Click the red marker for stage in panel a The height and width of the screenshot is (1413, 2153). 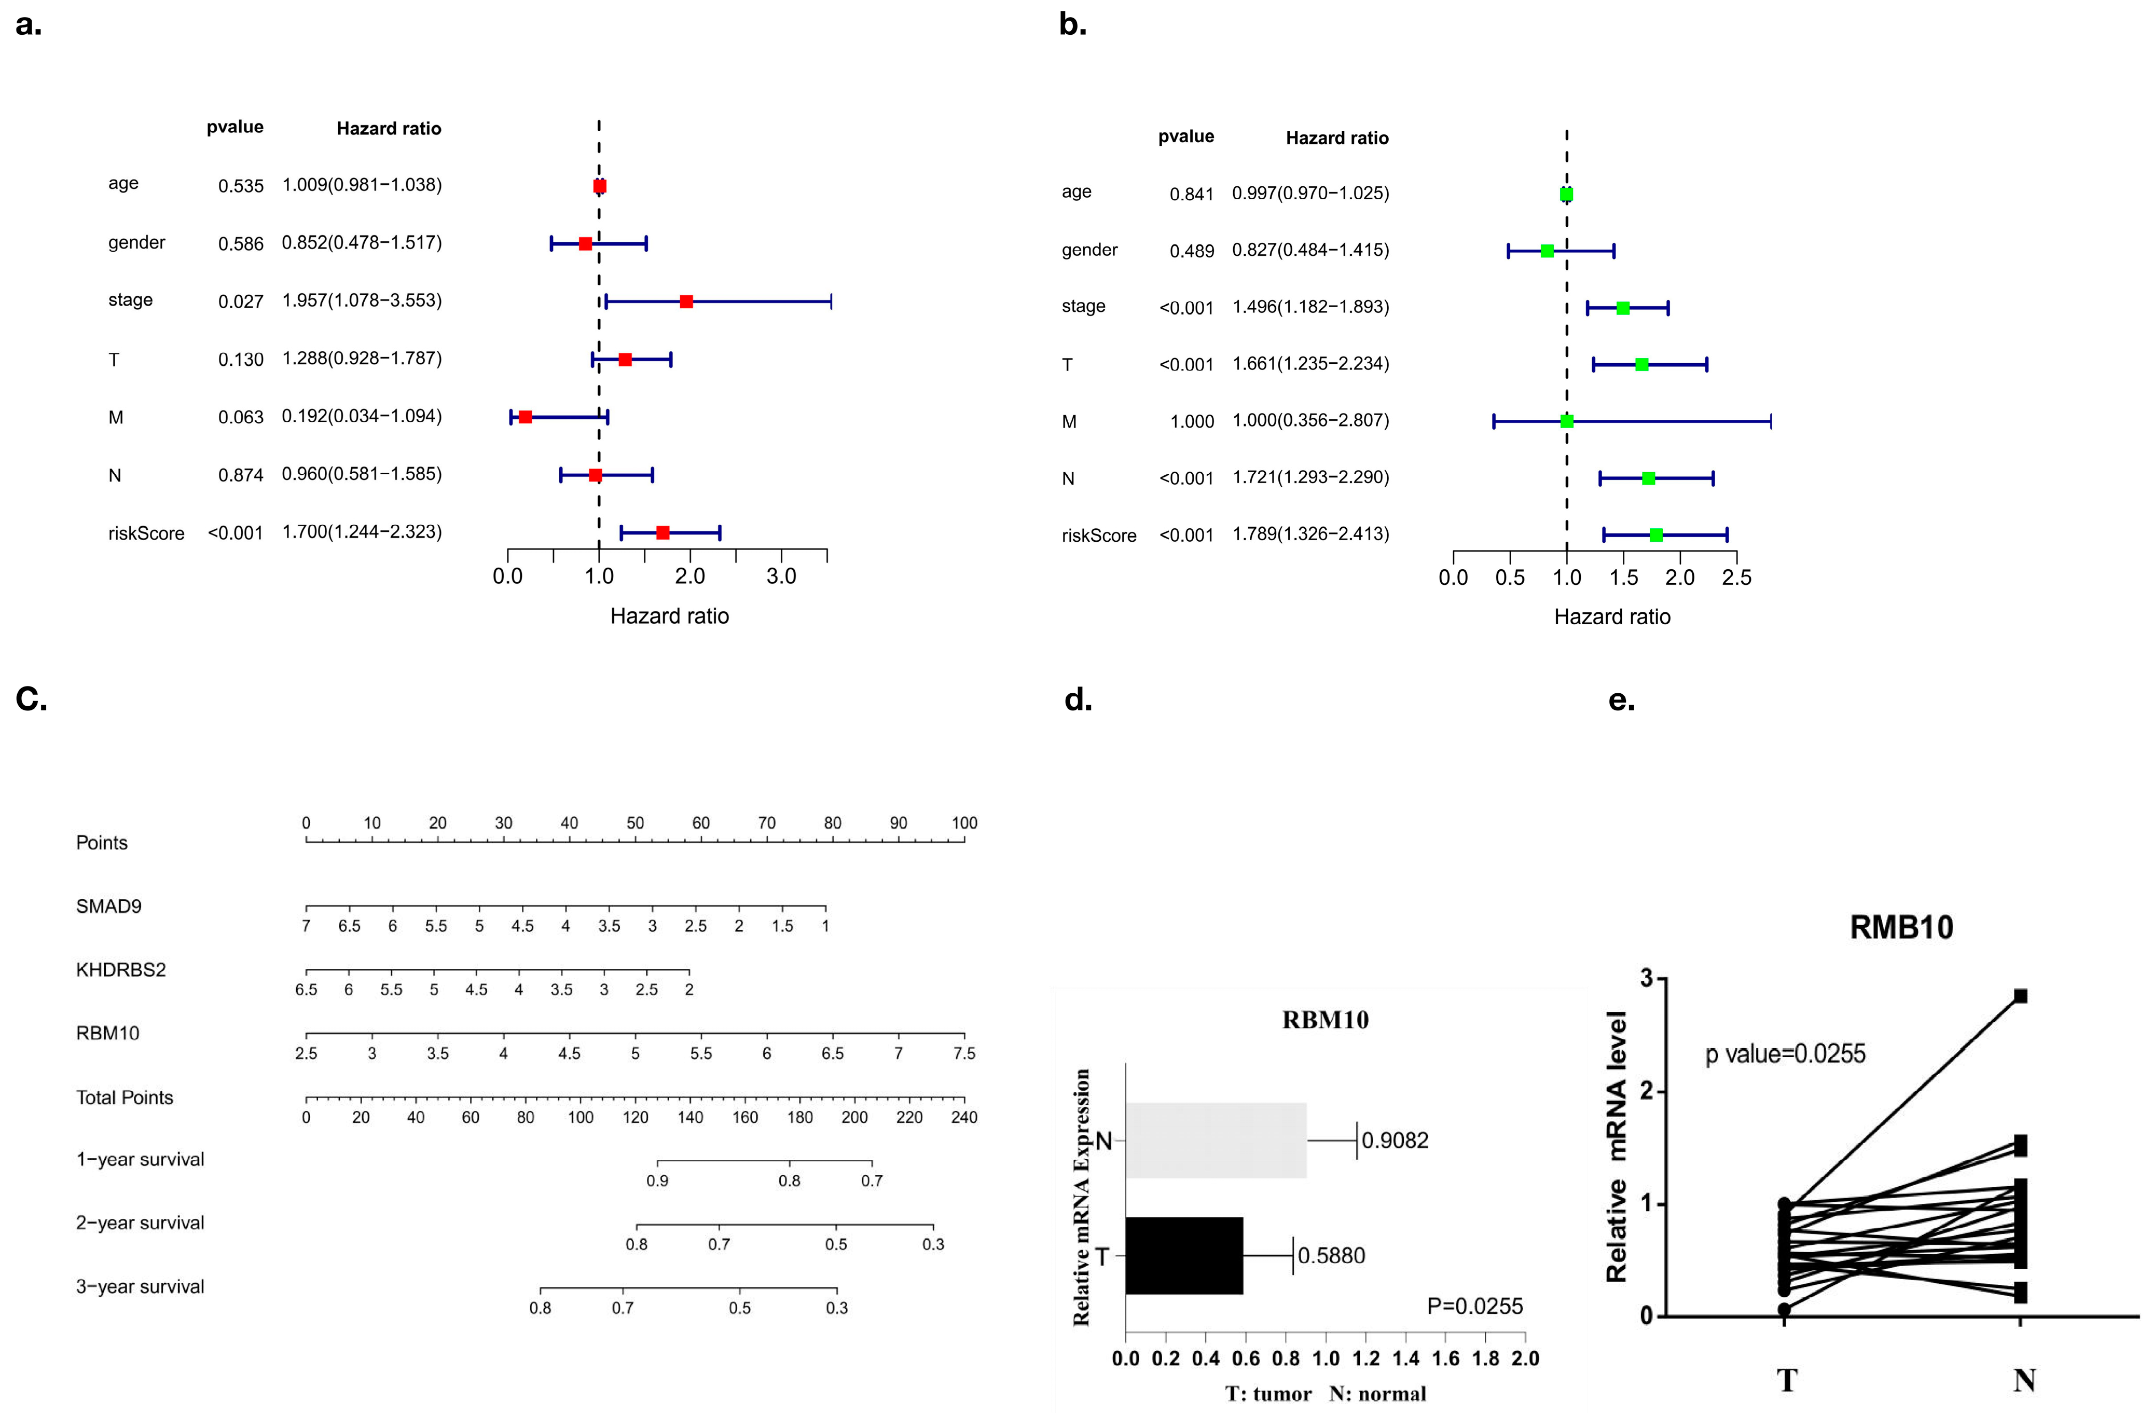click(686, 301)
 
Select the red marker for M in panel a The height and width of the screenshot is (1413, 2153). click(525, 417)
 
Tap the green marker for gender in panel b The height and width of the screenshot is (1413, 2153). click(1547, 251)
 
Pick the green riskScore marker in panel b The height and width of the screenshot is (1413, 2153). click(1655, 536)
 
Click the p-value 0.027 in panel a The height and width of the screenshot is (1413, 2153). click(241, 301)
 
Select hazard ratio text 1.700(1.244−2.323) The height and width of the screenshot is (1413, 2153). click(362, 532)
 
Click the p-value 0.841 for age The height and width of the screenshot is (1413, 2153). click(1191, 194)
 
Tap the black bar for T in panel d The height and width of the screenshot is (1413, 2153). click(1183, 1256)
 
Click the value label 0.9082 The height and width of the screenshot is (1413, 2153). click(1395, 1141)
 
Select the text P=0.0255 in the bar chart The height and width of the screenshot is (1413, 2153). click(1474, 1306)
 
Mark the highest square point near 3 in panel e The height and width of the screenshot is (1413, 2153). click(2020, 996)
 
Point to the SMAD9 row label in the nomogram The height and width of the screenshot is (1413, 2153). click(108, 907)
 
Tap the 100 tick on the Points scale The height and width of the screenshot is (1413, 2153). click(964, 823)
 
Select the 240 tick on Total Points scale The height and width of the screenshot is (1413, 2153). click(964, 1117)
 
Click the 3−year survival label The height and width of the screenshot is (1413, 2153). click(140, 1286)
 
